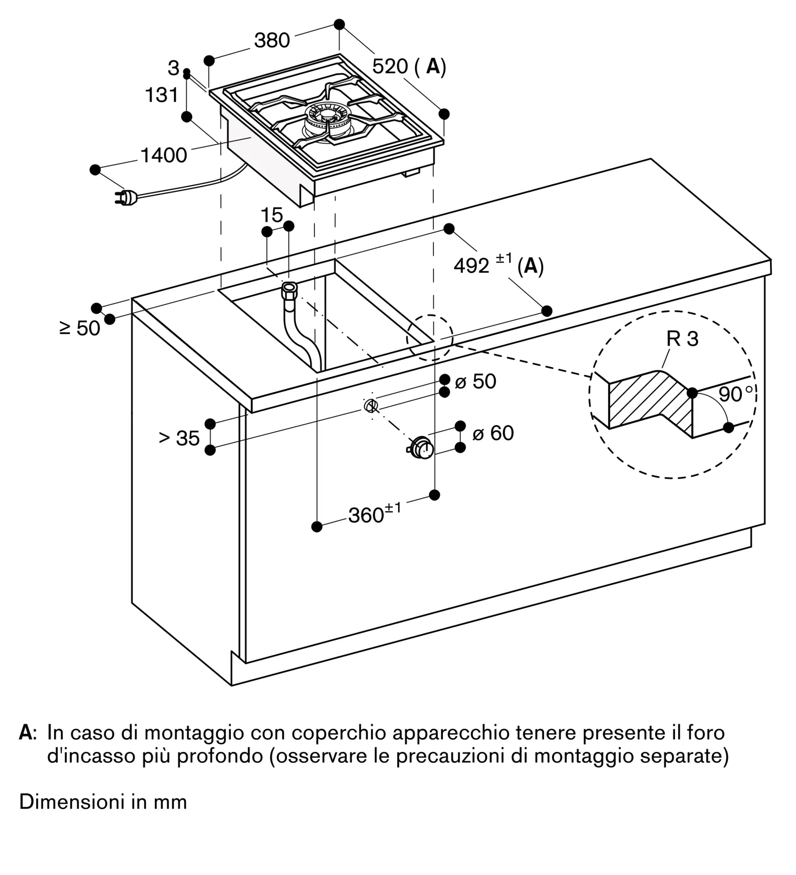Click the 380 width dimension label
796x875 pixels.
click(272, 40)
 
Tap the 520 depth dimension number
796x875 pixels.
click(390, 66)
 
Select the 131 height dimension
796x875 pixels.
click(162, 95)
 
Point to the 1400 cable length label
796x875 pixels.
click(164, 155)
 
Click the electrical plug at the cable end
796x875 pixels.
click(127, 198)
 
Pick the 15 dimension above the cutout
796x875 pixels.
click(272, 215)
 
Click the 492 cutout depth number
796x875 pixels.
click(471, 266)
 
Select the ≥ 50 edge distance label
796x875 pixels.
click(80, 328)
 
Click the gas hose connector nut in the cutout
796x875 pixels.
click(290, 289)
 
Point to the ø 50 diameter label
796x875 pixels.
click(475, 381)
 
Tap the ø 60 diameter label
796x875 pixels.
click(493, 433)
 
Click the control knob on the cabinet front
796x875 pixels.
click(421, 447)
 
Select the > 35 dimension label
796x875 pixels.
click(179, 438)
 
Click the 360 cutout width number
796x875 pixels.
click(366, 516)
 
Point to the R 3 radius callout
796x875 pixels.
click(683, 339)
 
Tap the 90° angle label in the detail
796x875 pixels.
click(737, 394)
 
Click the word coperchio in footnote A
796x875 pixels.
click(340, 732)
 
